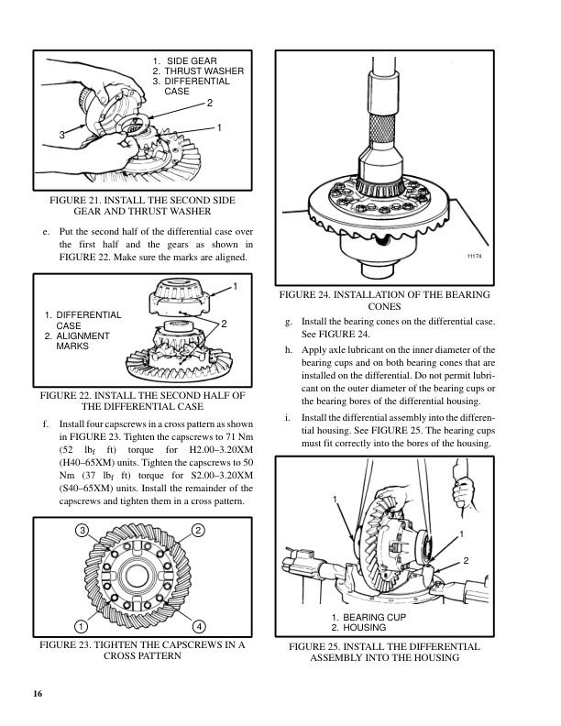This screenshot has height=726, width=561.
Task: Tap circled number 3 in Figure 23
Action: coord(82,531)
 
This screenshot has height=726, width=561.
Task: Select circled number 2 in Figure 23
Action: coord(198,531)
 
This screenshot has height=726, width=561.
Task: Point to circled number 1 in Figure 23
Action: coord(82,627)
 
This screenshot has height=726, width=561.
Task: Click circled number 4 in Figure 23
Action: coord(198,627)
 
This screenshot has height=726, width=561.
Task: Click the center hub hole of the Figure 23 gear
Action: coord(139,578)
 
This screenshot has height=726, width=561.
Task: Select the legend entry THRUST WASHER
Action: coord(203,71)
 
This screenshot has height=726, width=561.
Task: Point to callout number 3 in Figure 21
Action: coord(61,135)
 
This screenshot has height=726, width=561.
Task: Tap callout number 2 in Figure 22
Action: coord(224,323)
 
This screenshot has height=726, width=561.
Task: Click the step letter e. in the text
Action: coord(46,232)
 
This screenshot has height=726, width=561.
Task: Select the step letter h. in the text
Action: coord(290,349)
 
